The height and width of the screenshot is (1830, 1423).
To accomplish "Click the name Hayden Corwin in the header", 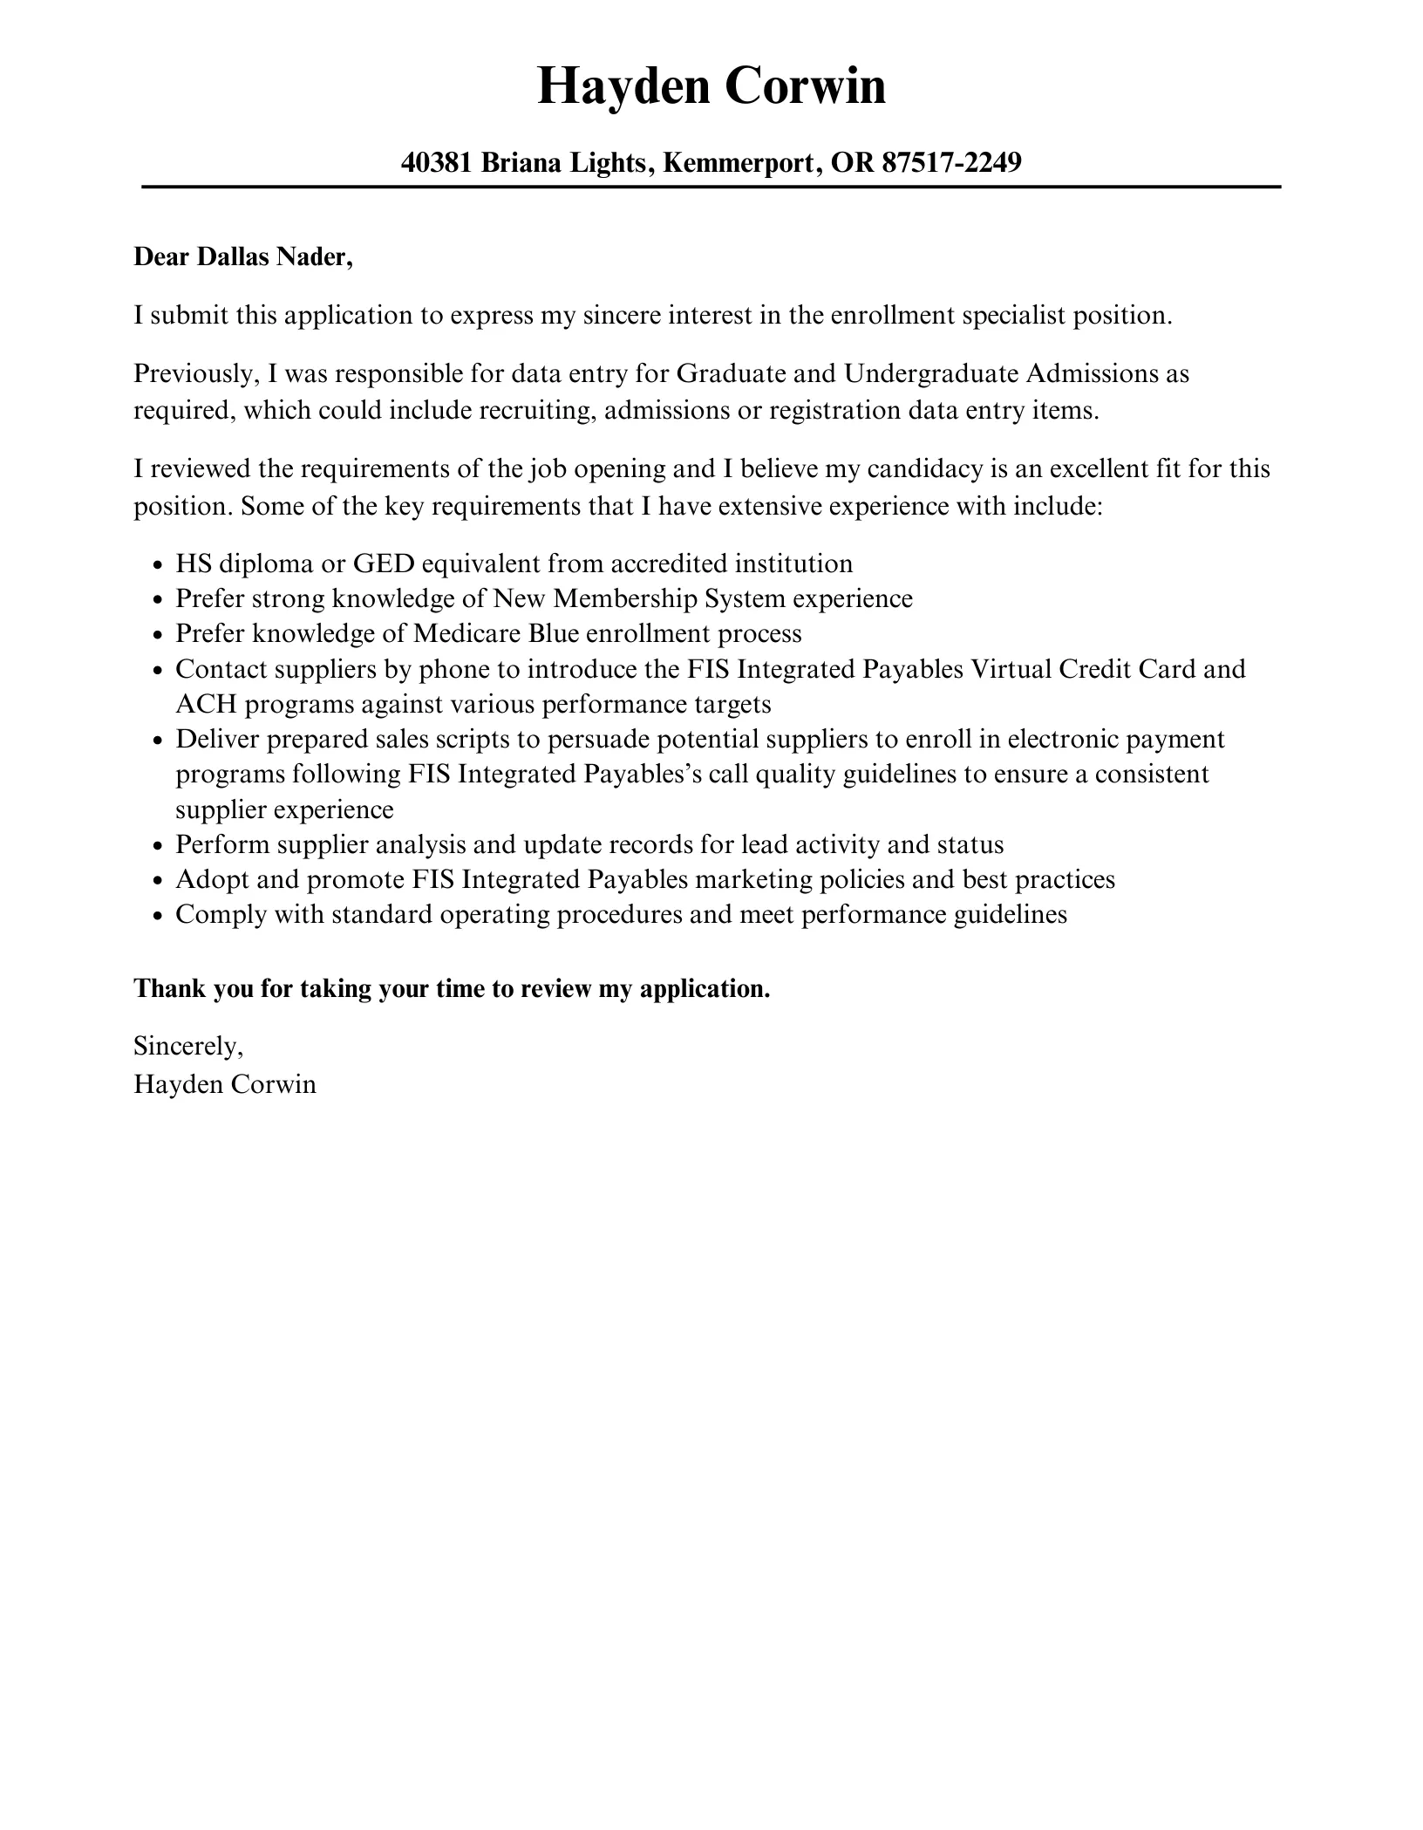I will coord(711,86).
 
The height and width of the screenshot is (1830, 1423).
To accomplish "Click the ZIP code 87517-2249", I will coord(951,162).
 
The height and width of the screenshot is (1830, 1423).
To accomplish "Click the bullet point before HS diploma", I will coord(158,565).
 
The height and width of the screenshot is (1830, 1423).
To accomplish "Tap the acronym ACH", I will coord(206,704).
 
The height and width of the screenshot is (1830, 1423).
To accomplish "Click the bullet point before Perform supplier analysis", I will coord(158,846).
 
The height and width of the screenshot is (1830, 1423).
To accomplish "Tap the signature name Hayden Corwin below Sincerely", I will coord(225,1084).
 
